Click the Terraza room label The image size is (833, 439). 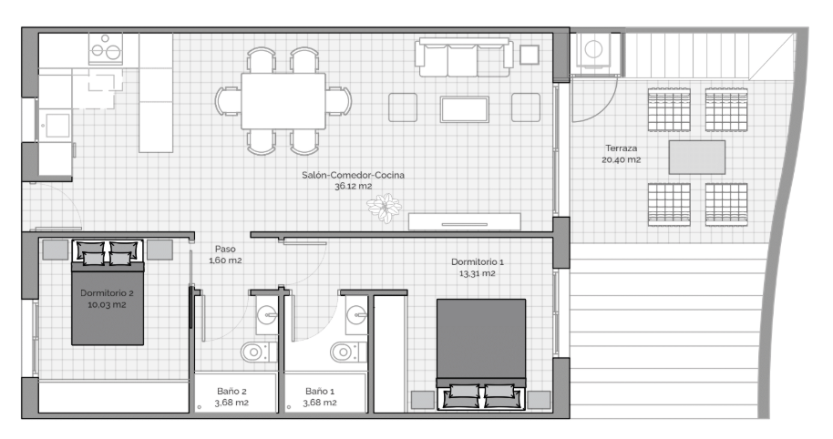pos(621,148)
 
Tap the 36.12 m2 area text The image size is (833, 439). pos(354,187)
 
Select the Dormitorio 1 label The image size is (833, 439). pos(477,261)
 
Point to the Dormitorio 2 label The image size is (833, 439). pos(107,293)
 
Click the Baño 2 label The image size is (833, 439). pos(231,392)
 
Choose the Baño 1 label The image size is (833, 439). pos(320,392)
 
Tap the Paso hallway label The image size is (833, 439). pos(225,249)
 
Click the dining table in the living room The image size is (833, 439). pos(283,101)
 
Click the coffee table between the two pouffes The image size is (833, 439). pos(464,109)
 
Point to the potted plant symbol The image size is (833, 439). pos(384,208)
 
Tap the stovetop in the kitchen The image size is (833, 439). pos(106,48)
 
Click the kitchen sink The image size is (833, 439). pos(56,127)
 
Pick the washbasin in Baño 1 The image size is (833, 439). pos(356,315)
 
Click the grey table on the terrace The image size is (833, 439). pos(697,158)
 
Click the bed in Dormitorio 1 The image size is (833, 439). pos(481,354)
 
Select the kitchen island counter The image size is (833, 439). pos(156,93)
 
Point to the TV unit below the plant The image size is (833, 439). pos(464,222)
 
